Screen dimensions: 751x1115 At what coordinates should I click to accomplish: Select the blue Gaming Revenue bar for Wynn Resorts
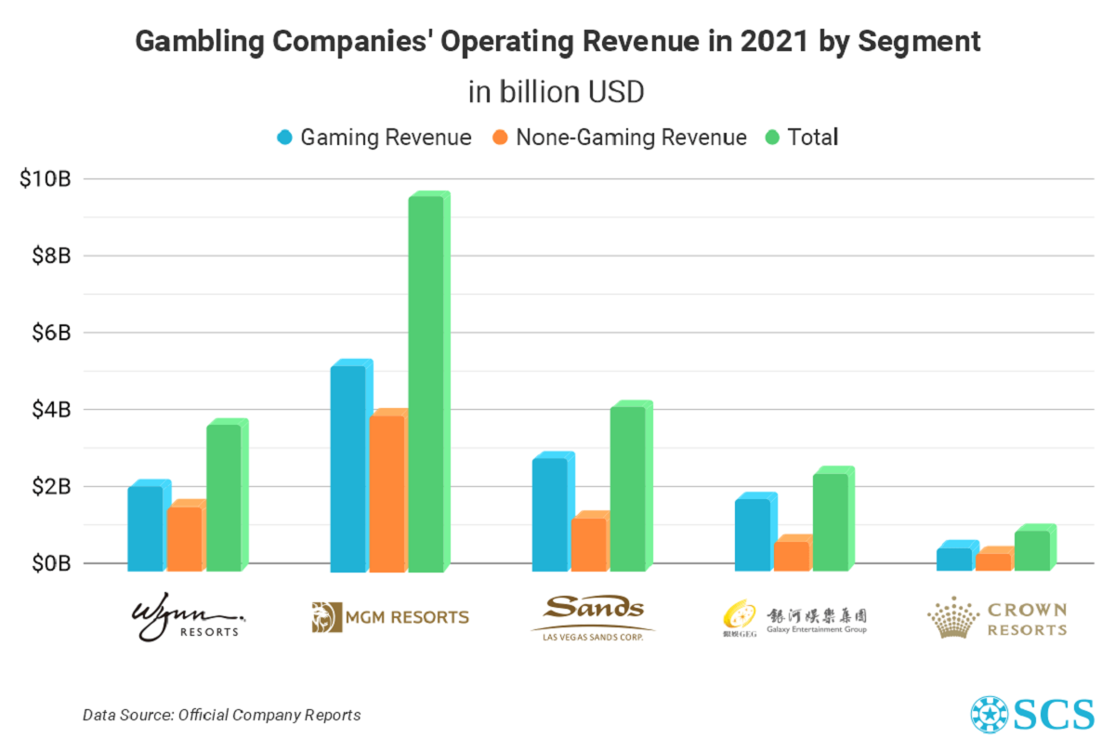(x=145, y=528)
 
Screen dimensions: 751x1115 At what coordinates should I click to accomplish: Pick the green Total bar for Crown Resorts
(x=1031, y=550)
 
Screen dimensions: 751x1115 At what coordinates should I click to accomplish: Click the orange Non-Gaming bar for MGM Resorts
(x=387, y=493)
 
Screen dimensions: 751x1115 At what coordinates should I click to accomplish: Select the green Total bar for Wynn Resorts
(x=224, y=497)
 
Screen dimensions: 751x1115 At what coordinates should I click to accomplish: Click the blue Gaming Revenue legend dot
(x=284, y=138)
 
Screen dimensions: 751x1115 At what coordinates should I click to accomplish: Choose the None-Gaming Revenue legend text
(x=631, y=138)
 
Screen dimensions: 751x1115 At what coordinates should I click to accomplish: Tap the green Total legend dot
(x=771, y=138)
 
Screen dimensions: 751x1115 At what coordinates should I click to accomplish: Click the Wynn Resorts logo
(x=190, y=617)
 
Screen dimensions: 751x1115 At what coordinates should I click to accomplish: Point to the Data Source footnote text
(x=221, y=715)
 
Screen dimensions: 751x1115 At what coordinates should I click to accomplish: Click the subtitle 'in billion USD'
(x=557, y=94)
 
